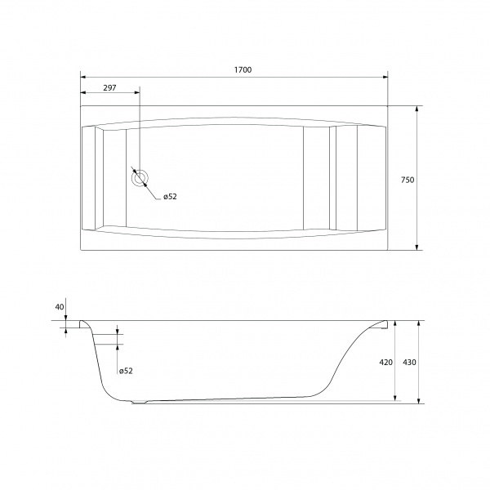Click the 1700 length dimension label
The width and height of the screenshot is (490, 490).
[243, 69]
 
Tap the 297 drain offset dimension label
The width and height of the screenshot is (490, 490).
[109, 88]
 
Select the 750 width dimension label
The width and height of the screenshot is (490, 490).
[408, 180]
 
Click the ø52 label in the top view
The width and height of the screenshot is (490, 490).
[170, 197]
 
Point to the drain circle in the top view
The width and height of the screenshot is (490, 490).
[140, 178]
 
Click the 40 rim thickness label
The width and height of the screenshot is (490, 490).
[60, 307]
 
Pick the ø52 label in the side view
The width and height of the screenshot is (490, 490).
[126, 371]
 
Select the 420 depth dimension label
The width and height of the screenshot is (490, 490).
[386, 362]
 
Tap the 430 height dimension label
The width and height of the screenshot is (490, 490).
[409, 362]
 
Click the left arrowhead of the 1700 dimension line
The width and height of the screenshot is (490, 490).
[83, 78]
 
